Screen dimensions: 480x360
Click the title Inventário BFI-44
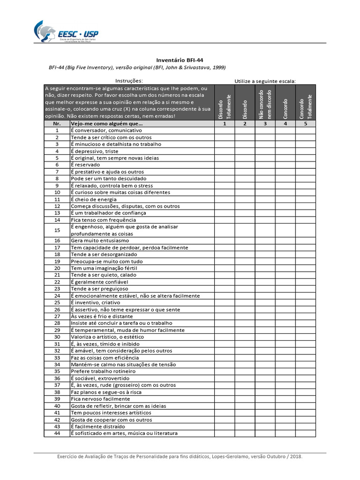[x=180, y=60]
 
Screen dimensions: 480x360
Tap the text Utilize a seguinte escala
[x=265, y=81]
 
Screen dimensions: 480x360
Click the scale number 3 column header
[x=265, y=124]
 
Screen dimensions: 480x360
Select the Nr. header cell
[x=57, y=124]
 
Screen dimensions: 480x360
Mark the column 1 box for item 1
[x=224, y=130]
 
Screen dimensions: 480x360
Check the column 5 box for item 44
[x=306, y=434]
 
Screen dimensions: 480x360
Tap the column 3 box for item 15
[x=265, y=230]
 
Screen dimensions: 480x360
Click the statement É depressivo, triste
[x=95, y=151]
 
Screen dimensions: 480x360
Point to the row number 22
[x=57, y=282]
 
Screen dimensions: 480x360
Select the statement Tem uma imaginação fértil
[x=104, y=268]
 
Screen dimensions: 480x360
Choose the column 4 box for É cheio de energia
[x=285, y=199]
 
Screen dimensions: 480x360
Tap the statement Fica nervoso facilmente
[x=100, y=399]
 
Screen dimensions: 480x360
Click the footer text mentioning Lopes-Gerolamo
[x=180, y=457]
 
